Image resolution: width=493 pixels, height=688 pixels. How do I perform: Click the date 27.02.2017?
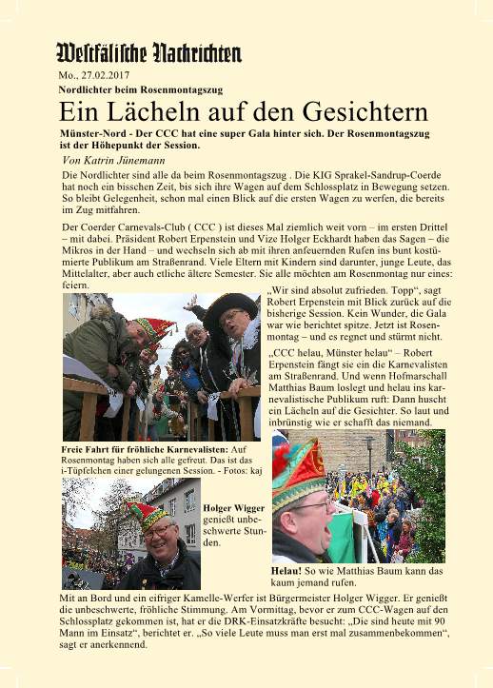click(106, 74)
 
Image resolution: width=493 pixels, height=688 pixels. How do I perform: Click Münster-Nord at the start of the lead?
click(91, 135)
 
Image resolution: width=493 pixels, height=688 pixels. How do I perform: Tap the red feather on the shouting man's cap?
click(282, 464)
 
